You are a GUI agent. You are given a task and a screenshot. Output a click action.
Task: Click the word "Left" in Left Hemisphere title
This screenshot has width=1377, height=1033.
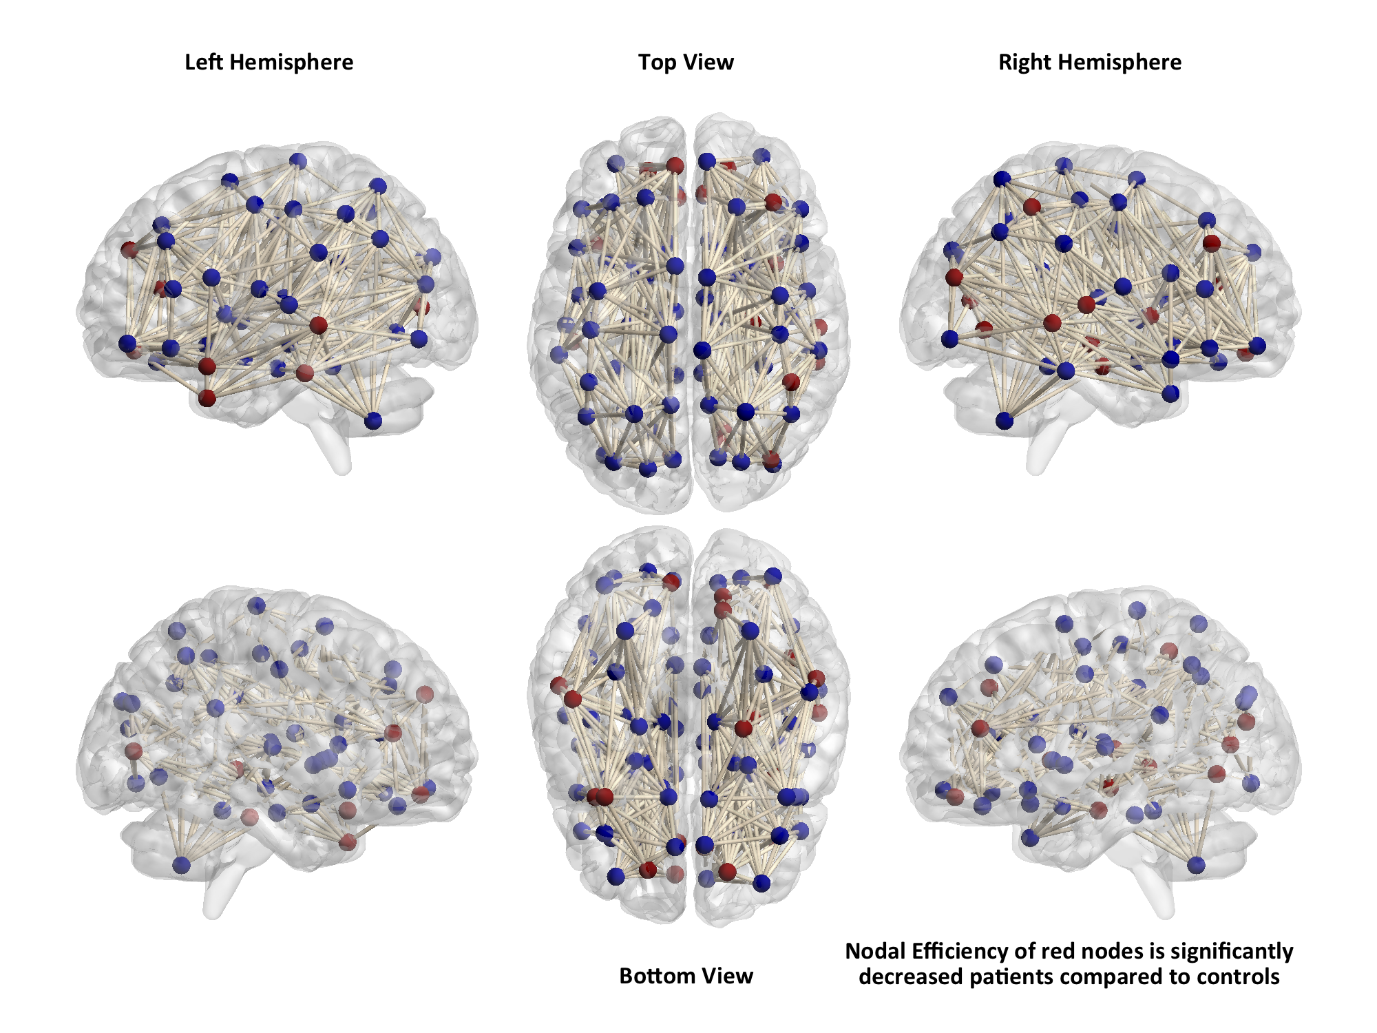coord(204,62)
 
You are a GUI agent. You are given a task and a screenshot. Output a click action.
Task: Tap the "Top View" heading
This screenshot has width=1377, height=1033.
coord(686,62)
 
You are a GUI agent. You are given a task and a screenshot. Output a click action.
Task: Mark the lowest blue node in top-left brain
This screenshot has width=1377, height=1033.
coord(373,420)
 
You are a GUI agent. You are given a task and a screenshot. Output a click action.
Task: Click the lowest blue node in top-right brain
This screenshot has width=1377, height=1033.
coord(1005,420)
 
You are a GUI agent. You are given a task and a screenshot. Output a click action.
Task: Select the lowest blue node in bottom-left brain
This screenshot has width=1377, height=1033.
coord(181,865)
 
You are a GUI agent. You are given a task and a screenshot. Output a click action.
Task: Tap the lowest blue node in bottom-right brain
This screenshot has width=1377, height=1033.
coord(1196,865)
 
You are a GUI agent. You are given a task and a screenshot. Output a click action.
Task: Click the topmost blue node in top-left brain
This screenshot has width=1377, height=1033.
coord(298,160)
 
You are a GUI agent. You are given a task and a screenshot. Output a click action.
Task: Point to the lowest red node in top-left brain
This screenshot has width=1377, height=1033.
coord(207,397)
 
